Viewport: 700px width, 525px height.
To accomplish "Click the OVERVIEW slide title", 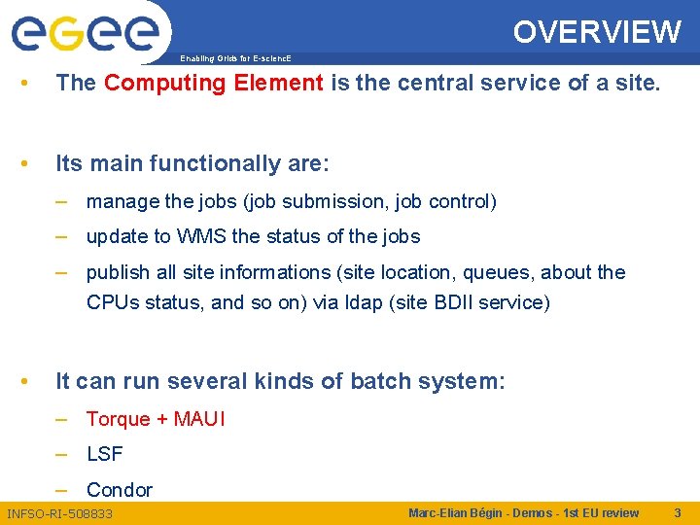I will coord(597,32).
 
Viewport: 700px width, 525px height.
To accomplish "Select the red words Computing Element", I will coord(213,83).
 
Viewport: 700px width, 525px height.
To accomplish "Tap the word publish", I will coord(118,273).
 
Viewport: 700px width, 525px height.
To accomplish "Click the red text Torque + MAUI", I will coord(156,419).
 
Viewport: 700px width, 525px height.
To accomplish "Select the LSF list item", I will coord(105,454).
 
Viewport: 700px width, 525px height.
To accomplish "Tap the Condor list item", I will coord(120,490).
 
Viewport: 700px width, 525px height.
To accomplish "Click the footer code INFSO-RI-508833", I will coord(60,513).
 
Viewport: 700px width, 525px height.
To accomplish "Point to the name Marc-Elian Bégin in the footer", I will coord(458,513).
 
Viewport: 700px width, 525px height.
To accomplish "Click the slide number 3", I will coord(678,512).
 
